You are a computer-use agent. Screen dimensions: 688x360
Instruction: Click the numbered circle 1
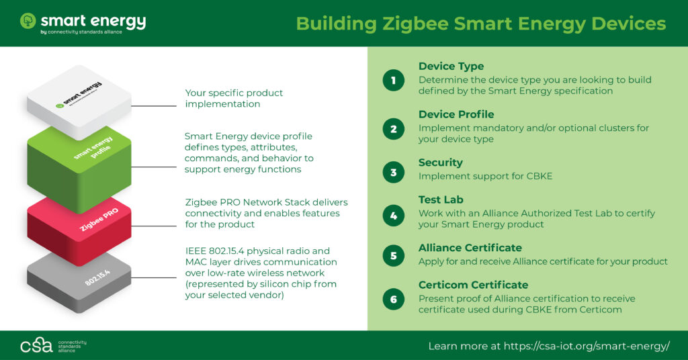(394, 80)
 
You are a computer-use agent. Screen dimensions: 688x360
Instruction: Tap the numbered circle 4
(394, 216)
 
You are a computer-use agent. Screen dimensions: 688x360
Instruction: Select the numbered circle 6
(394, 299)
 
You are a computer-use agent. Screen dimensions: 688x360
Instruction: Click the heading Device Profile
(456, 114)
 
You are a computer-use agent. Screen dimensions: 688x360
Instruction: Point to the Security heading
(441, 163)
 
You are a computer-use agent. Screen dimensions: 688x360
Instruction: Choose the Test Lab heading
(441, 199)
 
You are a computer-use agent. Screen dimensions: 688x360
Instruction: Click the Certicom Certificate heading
(473, 285)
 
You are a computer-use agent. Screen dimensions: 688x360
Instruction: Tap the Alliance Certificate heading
(470, 248)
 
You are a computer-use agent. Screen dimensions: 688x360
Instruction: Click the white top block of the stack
(79, 101)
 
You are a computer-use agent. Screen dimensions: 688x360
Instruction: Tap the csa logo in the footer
(36, 345)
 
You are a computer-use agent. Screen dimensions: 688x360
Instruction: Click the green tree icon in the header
(28, 21)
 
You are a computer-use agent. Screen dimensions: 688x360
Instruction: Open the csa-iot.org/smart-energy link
(587, 346)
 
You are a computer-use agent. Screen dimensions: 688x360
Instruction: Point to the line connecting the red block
(154, 226)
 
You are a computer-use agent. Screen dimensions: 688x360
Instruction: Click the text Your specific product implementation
(234, 98)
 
